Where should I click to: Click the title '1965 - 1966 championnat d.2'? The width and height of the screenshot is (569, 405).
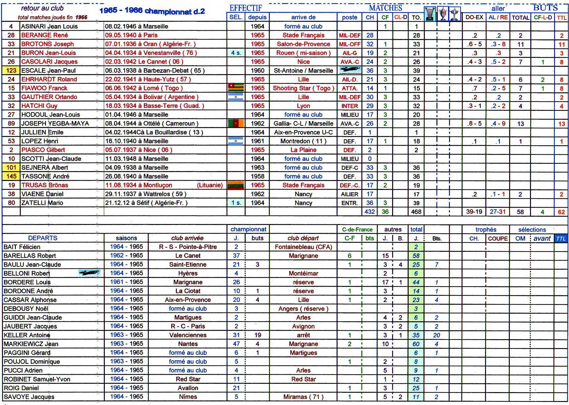(152, 11)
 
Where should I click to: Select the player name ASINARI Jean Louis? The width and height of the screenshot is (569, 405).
(50, 26)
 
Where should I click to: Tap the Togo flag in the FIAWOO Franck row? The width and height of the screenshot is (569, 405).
(236, 88)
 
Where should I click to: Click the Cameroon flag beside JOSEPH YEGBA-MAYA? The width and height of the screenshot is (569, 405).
(236, 123)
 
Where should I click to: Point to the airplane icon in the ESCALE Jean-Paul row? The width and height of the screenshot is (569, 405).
(349, 70)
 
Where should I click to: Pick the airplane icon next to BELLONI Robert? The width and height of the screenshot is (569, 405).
(89, 273)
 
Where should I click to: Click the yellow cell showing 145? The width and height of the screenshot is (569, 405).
(11, 176)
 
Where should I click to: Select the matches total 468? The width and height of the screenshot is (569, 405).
(416, 212)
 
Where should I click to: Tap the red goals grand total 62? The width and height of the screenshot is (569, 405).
(561, 212)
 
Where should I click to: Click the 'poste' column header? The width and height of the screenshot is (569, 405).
(349, 17)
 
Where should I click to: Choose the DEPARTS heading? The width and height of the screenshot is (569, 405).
(43, 238)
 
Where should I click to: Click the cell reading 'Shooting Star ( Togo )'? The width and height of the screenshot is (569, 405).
(303, 88)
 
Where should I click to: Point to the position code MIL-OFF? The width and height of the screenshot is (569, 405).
(349, 44)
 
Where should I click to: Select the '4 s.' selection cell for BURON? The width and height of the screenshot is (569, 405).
(236, 53)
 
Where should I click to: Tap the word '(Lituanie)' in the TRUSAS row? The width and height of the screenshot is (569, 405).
(210, 185)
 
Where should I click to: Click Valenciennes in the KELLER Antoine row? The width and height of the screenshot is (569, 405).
(188, 335)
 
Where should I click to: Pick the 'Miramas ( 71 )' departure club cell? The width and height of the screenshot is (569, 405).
(303, 397)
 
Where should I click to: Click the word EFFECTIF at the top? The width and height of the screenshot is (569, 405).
(246, 8)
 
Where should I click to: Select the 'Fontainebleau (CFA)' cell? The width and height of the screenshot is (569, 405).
(303, 247)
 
